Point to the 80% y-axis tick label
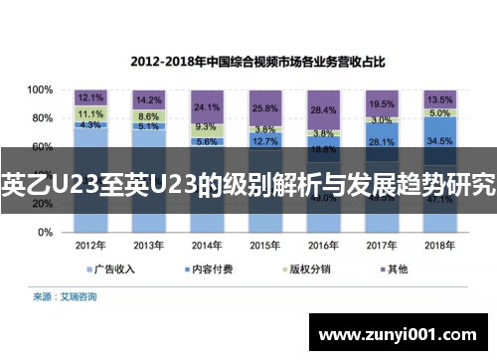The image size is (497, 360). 42,118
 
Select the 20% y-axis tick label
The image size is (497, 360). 42,204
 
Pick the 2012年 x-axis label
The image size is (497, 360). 89,245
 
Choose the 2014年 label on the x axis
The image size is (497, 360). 206,245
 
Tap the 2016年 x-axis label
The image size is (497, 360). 322,245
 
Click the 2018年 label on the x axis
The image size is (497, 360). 438,245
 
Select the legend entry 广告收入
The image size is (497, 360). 112,269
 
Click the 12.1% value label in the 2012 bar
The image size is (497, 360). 90,97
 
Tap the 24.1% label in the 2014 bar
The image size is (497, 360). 207,106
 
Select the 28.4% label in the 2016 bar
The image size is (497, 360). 323,109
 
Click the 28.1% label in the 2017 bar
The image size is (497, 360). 382,142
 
